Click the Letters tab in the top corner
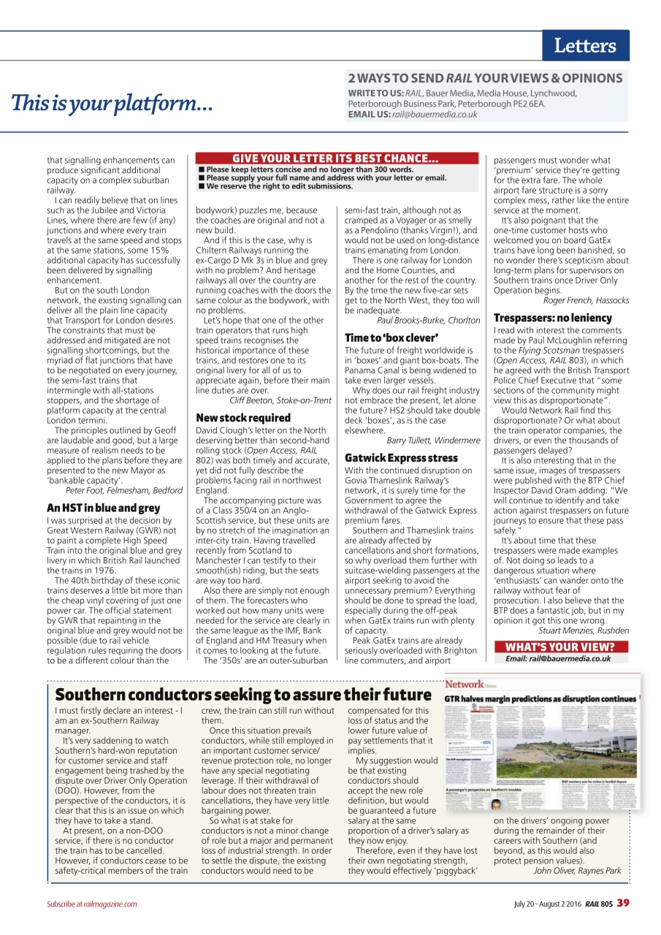[585, 46]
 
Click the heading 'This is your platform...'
[112, 104]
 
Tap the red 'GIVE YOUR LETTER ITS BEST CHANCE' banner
[335, 159]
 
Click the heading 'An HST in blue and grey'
[103, 508]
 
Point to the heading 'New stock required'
[243, 418]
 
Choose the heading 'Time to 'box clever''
[391, 337]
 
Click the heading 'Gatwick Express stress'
[401, 458]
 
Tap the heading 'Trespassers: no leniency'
[552, 318]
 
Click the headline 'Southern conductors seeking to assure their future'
[243, 695]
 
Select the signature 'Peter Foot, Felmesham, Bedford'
[123, 490]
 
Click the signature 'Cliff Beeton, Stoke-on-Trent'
[280, 400]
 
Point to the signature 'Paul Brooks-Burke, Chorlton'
[429, 320]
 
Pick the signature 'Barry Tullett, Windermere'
[433, 440]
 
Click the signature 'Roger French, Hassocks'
[586, 300]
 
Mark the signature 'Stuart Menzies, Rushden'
[584, 630]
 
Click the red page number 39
[622, 903]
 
